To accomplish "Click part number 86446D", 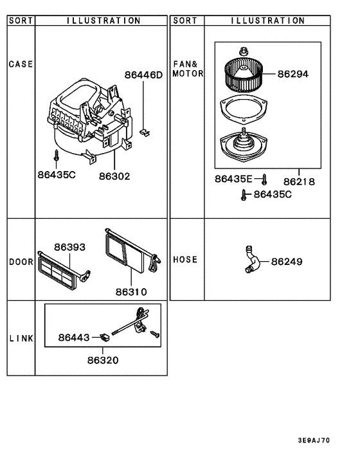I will click(x=143, y=75).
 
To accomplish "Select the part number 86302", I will click(x=114, y=176).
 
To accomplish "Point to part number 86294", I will click(x=293, y=74).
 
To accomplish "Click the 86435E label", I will click(x=235, y=181).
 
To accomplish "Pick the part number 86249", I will click(x=287, y=262).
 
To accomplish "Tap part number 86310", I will click(x=131, y=292).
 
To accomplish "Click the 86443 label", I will click(x=74, y=337).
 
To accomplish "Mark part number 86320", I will click(x=103, y=360).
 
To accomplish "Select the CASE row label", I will click(x=21, y=64).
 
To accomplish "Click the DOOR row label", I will click(x=21, y=262).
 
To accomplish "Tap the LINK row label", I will click(x=21, y=338).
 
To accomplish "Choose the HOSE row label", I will click(x=185, y=260).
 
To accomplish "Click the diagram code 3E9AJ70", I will click(x=313, y=441).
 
